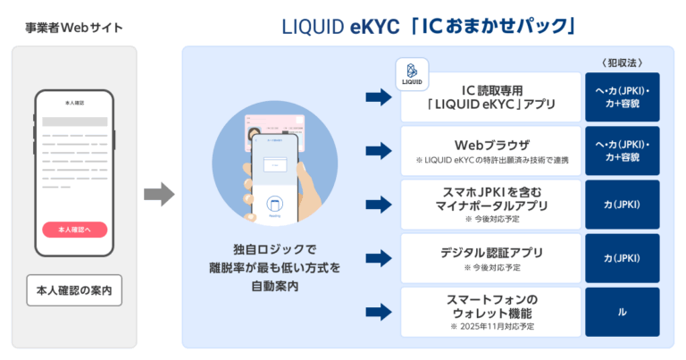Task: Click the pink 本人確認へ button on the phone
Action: (74, 230)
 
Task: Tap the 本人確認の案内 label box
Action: (74, 290)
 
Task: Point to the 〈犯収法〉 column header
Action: (622, 62)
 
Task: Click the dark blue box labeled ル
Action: (622, 312)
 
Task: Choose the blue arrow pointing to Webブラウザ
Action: (380, 151)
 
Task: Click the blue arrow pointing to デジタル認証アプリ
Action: (380, 258)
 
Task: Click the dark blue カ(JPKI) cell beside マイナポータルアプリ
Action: (622, 205)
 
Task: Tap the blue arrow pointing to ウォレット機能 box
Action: (380, 312)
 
